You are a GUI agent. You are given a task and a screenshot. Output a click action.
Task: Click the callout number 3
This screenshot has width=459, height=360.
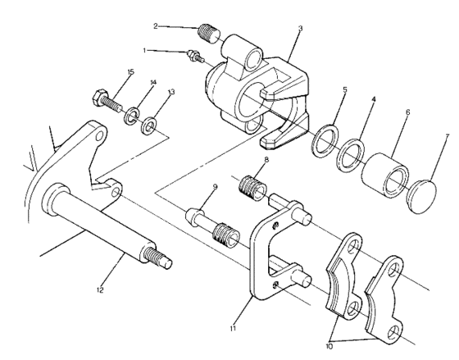pos(301,29)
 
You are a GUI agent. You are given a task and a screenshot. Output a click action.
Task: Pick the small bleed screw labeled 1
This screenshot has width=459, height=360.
pos(194,56)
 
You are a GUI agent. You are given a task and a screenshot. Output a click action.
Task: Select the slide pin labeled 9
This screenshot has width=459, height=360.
pos(208,221)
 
